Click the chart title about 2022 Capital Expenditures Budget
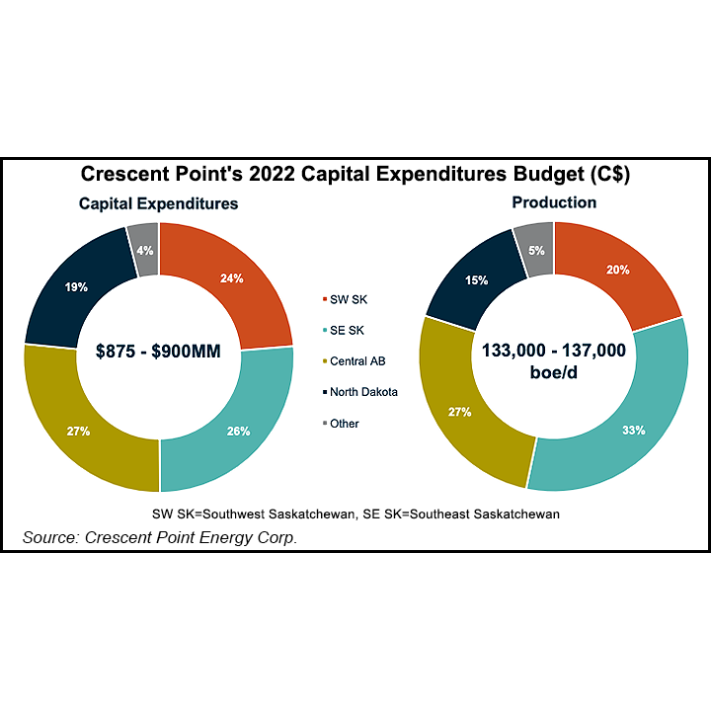(355, 176)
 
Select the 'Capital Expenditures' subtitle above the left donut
(159, 204)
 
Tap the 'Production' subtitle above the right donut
(553, 202)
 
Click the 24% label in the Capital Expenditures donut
(233, 278)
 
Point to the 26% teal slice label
(237, 431)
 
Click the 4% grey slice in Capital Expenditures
(144, 250)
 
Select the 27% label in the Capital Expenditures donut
(79, 432)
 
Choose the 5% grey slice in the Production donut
(536, 250)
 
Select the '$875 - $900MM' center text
(158, 353)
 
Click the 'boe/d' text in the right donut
(553, 371)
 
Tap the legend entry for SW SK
(352, 298)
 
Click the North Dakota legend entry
(363, 392)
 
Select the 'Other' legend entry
(345, 424)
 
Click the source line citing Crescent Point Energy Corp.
(160, 537)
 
